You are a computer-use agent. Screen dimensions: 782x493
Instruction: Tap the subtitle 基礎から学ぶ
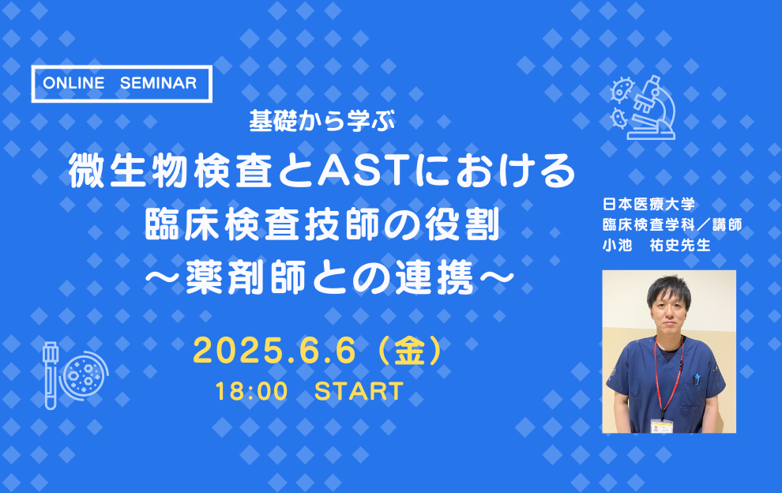(x=321, y=121)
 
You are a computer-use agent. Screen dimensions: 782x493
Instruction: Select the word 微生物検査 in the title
(x=171, y=171)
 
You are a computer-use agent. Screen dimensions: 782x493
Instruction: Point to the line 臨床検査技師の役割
(x=322, y=225)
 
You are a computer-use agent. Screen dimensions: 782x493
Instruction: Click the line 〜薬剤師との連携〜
(x=329, y=278)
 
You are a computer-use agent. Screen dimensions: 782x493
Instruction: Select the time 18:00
(x=252, y=391)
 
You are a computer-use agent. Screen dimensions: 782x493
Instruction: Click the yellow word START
(x=359, y=391)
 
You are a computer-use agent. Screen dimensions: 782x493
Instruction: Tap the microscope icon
(x=652, y=107)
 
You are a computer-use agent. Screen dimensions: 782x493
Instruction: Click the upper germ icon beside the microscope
(x=622, y=90)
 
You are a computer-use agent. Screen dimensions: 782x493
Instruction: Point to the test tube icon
(x=51, y=375)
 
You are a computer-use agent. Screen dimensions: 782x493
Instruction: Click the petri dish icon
(x=84, y=374)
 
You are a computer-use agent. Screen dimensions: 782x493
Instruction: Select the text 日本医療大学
(x=649, y=204)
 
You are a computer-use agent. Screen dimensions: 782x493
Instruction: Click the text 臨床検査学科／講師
(x=672, y=224)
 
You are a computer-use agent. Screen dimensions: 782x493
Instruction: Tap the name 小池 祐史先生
(x=656, y=245)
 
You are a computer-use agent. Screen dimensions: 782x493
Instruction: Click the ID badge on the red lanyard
(x=662, y=427)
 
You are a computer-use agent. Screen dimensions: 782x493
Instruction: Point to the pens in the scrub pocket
(x=697, y=380)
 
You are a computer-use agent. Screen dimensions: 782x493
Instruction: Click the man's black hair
(x=669, y=290)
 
